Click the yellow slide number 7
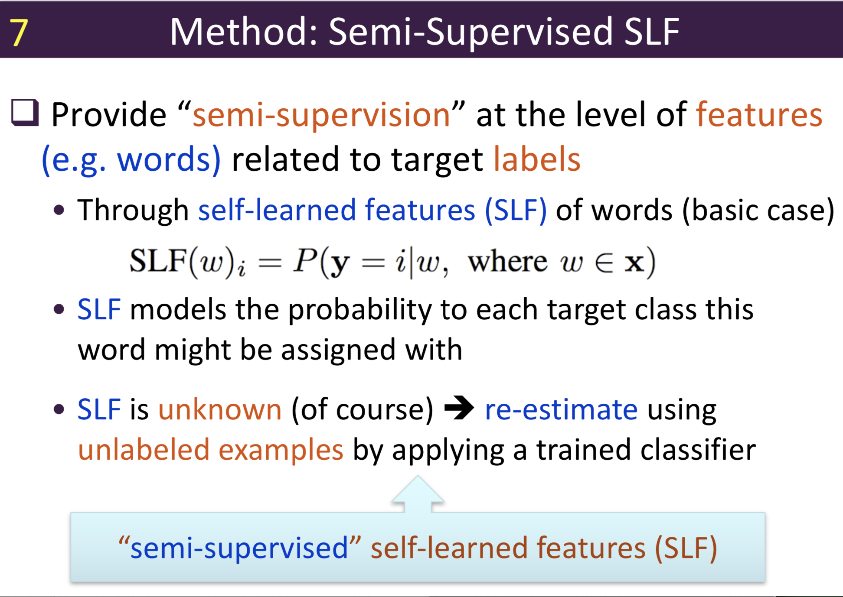(19, 33)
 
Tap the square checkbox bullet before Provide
(25, 113)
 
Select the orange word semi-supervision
(321, 115)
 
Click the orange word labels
(537, 160)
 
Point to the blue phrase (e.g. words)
(131, 160)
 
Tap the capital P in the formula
(305, 261)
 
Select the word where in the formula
(507, 262)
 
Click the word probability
(359, 310)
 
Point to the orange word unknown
(220, 409)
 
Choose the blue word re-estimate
(561, 409)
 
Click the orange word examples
(281, 450)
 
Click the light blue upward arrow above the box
(418, 494)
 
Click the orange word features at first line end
(759, 115)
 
